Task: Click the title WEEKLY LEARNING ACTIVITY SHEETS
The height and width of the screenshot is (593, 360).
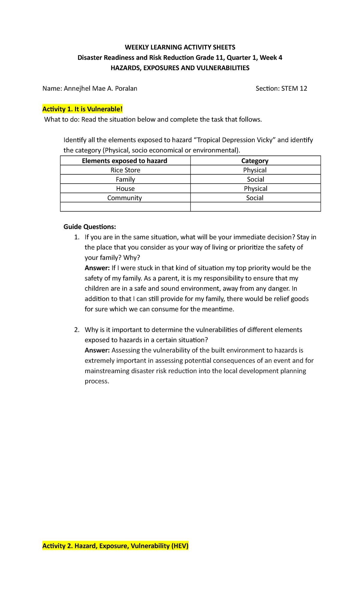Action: click(180, 47)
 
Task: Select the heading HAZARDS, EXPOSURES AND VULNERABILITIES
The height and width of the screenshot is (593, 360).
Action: click(180, 68)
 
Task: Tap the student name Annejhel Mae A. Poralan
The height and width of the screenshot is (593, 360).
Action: click(100, 88)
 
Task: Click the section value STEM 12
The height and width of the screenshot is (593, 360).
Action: click(294, 88)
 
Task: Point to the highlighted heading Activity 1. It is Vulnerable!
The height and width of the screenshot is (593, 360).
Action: click(82, 109)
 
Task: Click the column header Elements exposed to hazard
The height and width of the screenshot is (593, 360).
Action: click(124, 161)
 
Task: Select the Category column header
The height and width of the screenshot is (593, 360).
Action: click(255, 161)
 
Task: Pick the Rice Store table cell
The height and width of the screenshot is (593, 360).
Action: click(125, 170)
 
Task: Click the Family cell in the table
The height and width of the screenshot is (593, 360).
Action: click(125, 179)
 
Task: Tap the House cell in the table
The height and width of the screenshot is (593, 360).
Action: click(125, 189)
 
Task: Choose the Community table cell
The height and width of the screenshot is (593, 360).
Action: click(124, 198)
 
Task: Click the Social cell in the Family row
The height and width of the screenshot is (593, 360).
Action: click(255, 179)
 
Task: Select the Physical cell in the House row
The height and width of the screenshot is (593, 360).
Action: click(255, 189)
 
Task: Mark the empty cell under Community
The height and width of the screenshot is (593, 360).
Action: click(125, 207)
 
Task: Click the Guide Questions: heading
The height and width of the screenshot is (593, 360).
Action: click(89, 227)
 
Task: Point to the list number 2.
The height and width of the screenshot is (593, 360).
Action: click(77, 330)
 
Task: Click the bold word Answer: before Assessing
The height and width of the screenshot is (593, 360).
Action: click(97, 351)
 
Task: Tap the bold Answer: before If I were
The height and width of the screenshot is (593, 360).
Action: click(97, 268)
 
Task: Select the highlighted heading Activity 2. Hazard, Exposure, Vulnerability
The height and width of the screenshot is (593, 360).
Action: click(115, 546)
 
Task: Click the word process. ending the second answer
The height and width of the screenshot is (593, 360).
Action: click(97, 381)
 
